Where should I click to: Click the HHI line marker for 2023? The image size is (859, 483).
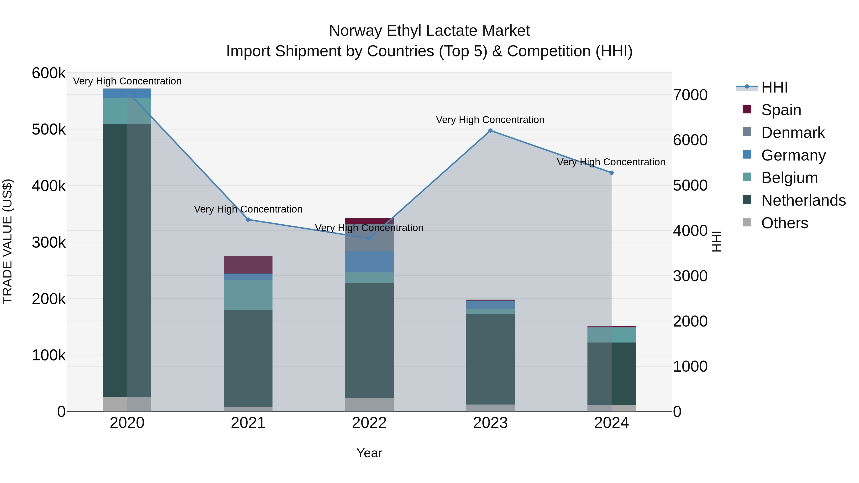490,131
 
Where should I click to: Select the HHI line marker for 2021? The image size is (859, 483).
248,220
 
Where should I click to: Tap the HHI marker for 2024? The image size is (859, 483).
611,173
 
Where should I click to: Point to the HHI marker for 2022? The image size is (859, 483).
369,238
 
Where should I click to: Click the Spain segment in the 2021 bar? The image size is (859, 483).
248,265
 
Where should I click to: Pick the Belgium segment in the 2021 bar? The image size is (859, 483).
248,295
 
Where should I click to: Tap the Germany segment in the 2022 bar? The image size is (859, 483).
369,262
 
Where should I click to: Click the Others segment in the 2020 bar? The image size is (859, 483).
127,404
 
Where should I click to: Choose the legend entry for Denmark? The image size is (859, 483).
793,133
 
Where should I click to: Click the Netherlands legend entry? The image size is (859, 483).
803,200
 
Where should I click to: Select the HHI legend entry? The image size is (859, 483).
774,87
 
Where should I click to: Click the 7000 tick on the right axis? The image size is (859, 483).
690,95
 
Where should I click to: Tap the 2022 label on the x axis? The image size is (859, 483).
369,423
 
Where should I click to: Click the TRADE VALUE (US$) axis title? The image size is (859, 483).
7,241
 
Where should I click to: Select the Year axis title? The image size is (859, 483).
369,453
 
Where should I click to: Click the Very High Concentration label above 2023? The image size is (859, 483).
490,120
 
